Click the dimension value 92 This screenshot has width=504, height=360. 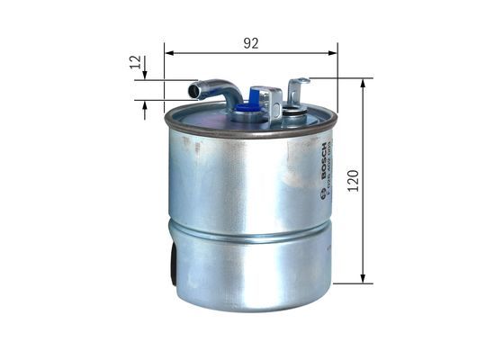pyautogui.click(x=251, y=42)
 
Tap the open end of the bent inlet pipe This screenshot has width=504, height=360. pyautogui.click(x=193, y=90)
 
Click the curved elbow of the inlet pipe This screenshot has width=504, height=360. pyautogui.click(x=229, y=90)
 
